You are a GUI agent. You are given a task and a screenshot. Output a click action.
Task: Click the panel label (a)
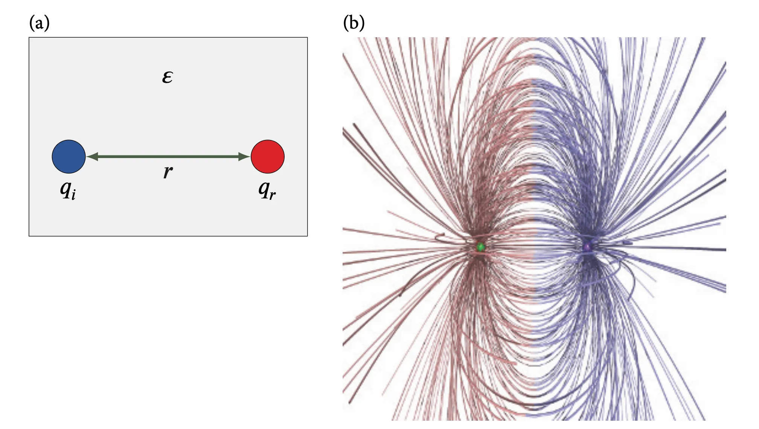click(39, 23)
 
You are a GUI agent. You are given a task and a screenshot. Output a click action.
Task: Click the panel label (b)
click(354, 23)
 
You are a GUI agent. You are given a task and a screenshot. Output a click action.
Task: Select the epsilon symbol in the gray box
click(168, 77)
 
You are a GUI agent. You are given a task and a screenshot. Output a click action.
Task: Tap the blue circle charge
click(69, 157)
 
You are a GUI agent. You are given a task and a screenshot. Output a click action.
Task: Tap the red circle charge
click(268, 157)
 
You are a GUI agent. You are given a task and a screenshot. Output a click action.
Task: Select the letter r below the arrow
click(168, 172)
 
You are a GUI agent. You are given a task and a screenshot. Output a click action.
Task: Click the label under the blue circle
click(68, 190)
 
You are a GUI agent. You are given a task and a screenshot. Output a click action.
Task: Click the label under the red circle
click(267, 190)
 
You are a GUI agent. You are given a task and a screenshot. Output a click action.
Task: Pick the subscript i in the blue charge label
click(74, 195)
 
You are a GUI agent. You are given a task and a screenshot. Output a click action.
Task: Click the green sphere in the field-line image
click(480, 247)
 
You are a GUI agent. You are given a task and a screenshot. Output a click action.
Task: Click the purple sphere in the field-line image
click(587, 247)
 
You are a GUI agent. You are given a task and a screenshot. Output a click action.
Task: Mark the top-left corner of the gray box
click(29, 38)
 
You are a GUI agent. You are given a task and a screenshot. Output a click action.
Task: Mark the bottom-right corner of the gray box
click(307, 236)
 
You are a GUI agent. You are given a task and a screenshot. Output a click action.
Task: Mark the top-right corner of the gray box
click(307, 38)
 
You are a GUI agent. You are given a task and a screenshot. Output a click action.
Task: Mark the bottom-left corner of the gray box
click(29, 236)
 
